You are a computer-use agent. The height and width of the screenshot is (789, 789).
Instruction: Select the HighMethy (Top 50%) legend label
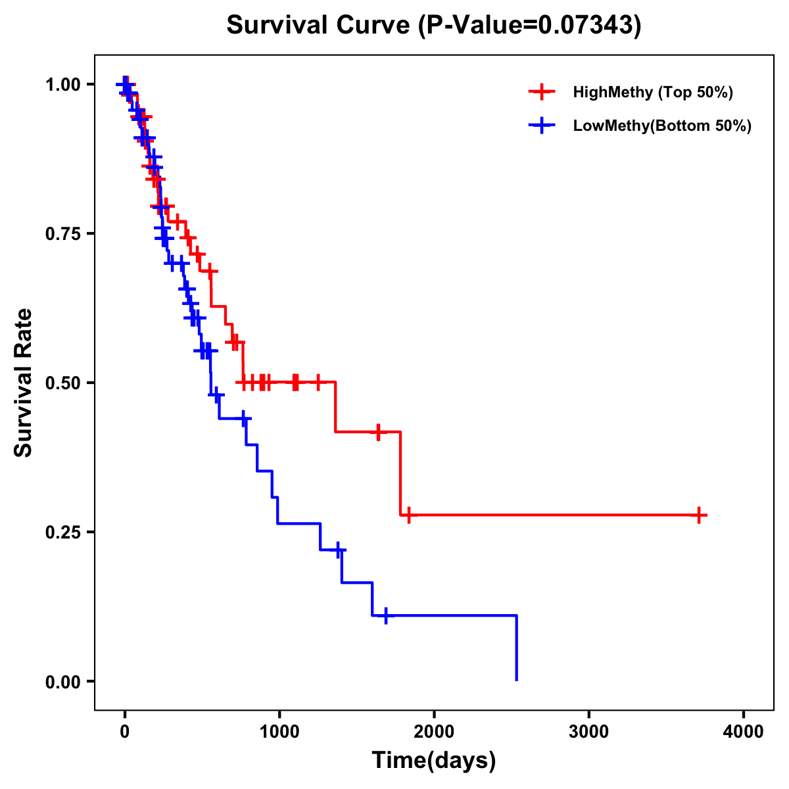(652, 92)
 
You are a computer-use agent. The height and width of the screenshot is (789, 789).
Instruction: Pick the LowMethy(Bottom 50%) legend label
(662, 126)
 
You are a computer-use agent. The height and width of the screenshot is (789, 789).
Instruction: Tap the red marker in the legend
(542, 92)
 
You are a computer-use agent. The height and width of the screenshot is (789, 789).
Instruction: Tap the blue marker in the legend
(542, 126)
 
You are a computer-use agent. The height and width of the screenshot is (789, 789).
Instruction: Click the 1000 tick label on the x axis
(279, 732)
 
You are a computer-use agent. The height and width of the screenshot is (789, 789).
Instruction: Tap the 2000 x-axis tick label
(434, 732)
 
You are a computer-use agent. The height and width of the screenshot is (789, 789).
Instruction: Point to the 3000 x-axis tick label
(588, 732)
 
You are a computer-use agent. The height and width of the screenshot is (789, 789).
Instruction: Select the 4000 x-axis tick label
(744, 732)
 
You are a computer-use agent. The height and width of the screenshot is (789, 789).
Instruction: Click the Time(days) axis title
(434, 761)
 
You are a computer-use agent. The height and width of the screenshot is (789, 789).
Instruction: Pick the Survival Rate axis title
(24, 383)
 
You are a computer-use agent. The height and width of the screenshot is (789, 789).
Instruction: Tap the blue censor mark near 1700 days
(386, 615)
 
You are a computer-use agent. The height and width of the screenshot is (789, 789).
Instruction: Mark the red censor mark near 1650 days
(379, 432)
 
